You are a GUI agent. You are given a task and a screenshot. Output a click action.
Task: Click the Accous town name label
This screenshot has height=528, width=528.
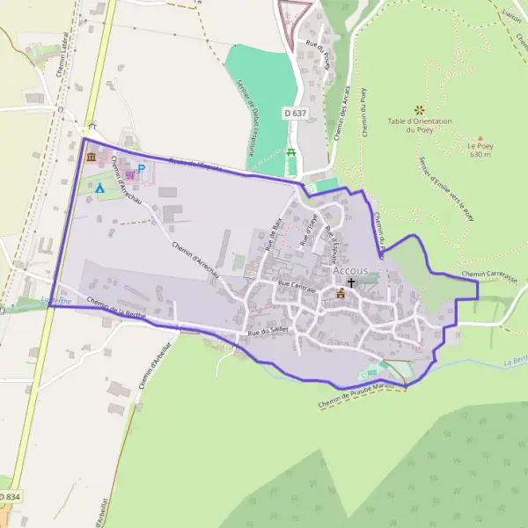(x=350, y=271)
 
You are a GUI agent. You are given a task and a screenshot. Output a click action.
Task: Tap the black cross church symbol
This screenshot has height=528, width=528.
(x=352, y=283)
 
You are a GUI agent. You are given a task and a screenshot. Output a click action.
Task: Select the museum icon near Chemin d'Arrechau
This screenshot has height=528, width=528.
(x=92, y=158)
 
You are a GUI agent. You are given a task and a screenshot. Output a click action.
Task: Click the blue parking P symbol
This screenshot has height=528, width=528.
(x=140, y=169)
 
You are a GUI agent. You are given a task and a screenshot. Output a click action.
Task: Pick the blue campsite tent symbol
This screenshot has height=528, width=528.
(x=99, y=187)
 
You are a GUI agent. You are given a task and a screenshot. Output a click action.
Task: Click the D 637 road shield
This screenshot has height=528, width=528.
(x=296, y=114)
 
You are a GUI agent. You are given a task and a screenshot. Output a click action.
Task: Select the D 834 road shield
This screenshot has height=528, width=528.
(x=7, y=498)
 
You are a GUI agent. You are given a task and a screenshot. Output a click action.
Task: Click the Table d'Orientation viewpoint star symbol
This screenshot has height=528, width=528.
(x=420, y=109)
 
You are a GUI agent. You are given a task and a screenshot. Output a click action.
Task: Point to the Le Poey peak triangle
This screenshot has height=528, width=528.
(x=480, y=138)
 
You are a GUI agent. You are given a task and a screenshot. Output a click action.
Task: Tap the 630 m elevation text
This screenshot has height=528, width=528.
(x=480, y=155)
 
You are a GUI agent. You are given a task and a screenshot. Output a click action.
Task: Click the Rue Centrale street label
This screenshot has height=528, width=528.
(x=297, y=285)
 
